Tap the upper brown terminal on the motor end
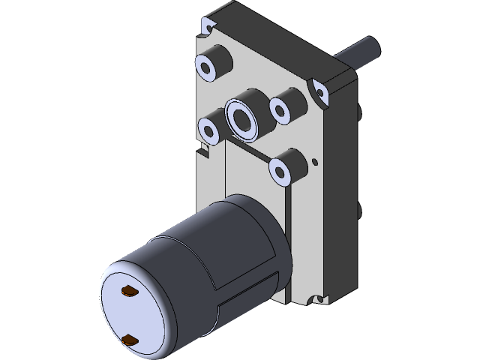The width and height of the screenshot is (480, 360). pos(128,289)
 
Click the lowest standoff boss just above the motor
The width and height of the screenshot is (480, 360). pos(287,166)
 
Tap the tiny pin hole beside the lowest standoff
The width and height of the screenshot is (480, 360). pos(316,160)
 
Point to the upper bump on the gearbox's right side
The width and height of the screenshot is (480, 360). pos(361,112)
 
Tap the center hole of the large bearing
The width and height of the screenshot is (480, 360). pos(243,118)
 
